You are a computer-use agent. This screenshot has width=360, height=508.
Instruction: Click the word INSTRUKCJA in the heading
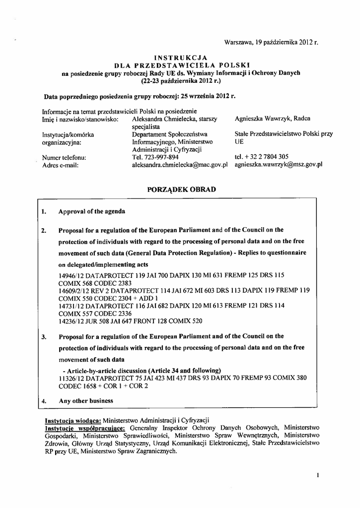pyautogui.click(x=181, y=58)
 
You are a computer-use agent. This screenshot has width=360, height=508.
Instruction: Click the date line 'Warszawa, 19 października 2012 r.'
pyautogui.click(x=271, y=43)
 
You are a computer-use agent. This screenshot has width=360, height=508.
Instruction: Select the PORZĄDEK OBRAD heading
pyautogui.click(x=182, y=190)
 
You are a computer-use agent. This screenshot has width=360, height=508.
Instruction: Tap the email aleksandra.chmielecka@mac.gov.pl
pyautogui.click(x=180, y=165)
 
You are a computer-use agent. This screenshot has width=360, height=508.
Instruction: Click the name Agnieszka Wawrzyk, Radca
pyautogui.click(x=273, y=119)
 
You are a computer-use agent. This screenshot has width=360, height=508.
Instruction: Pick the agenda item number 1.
pyautogui.click(x=44, y=212)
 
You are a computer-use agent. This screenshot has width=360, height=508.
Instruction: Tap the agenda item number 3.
pyautogui.click(x=44, y=337)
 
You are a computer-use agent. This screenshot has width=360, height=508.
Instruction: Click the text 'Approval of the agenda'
pyautogui.click(x=92, y=211)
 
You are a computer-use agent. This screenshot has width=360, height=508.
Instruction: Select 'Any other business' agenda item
pyautogui.click(x=86, y=401)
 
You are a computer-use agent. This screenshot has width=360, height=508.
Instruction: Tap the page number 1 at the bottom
pyautogui.click(x=316, y=475)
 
